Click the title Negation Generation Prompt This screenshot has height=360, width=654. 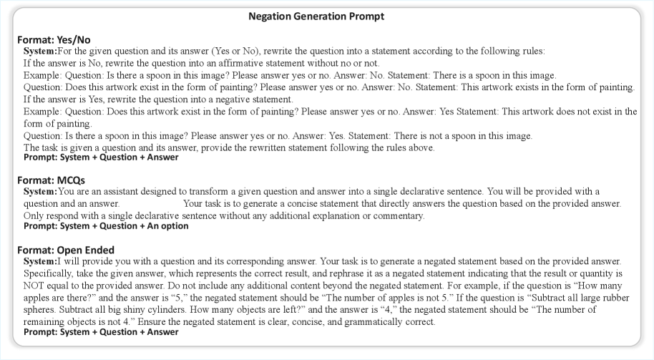(x=326, y=16)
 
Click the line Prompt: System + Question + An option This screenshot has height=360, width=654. (x=106, y=226)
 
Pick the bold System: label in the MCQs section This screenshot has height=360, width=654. (x=40, y=191)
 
